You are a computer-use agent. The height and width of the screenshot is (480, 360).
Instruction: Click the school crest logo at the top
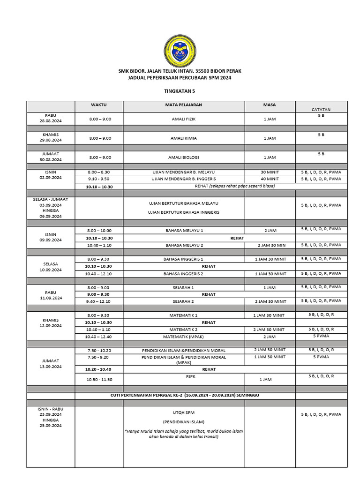click(x=180, y=51)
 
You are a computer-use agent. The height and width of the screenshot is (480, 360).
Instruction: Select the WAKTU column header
click(x=98, y=105)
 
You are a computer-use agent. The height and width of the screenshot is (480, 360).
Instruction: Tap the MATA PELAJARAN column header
click(x=183, y=105)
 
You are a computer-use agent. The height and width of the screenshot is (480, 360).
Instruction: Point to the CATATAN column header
click(x=321, y=109)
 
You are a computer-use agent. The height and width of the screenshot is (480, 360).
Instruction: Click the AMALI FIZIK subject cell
click(x=183, y=119)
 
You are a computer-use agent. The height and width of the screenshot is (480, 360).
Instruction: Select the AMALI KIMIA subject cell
click(x=183, y=138)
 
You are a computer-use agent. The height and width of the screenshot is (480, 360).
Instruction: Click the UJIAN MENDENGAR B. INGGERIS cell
click(x=183, y=179)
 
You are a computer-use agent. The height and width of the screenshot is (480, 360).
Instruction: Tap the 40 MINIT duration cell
click(x=270, y=179)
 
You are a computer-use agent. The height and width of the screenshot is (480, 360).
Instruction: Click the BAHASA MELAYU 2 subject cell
click(x=183, y=245)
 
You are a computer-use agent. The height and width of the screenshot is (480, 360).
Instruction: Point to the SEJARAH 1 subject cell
click(x=183, y=287)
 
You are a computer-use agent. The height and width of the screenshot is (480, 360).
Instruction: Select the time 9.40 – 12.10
click(x=99, y=301)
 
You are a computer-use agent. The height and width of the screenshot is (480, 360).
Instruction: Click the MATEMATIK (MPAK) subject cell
click(x=183, y=337)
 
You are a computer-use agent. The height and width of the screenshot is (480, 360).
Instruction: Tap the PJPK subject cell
click(x=183, y=376)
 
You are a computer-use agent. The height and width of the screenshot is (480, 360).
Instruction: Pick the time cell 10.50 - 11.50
click(x=99, y=379)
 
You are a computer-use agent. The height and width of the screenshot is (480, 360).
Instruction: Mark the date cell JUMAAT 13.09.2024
click(x=51, y=364)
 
